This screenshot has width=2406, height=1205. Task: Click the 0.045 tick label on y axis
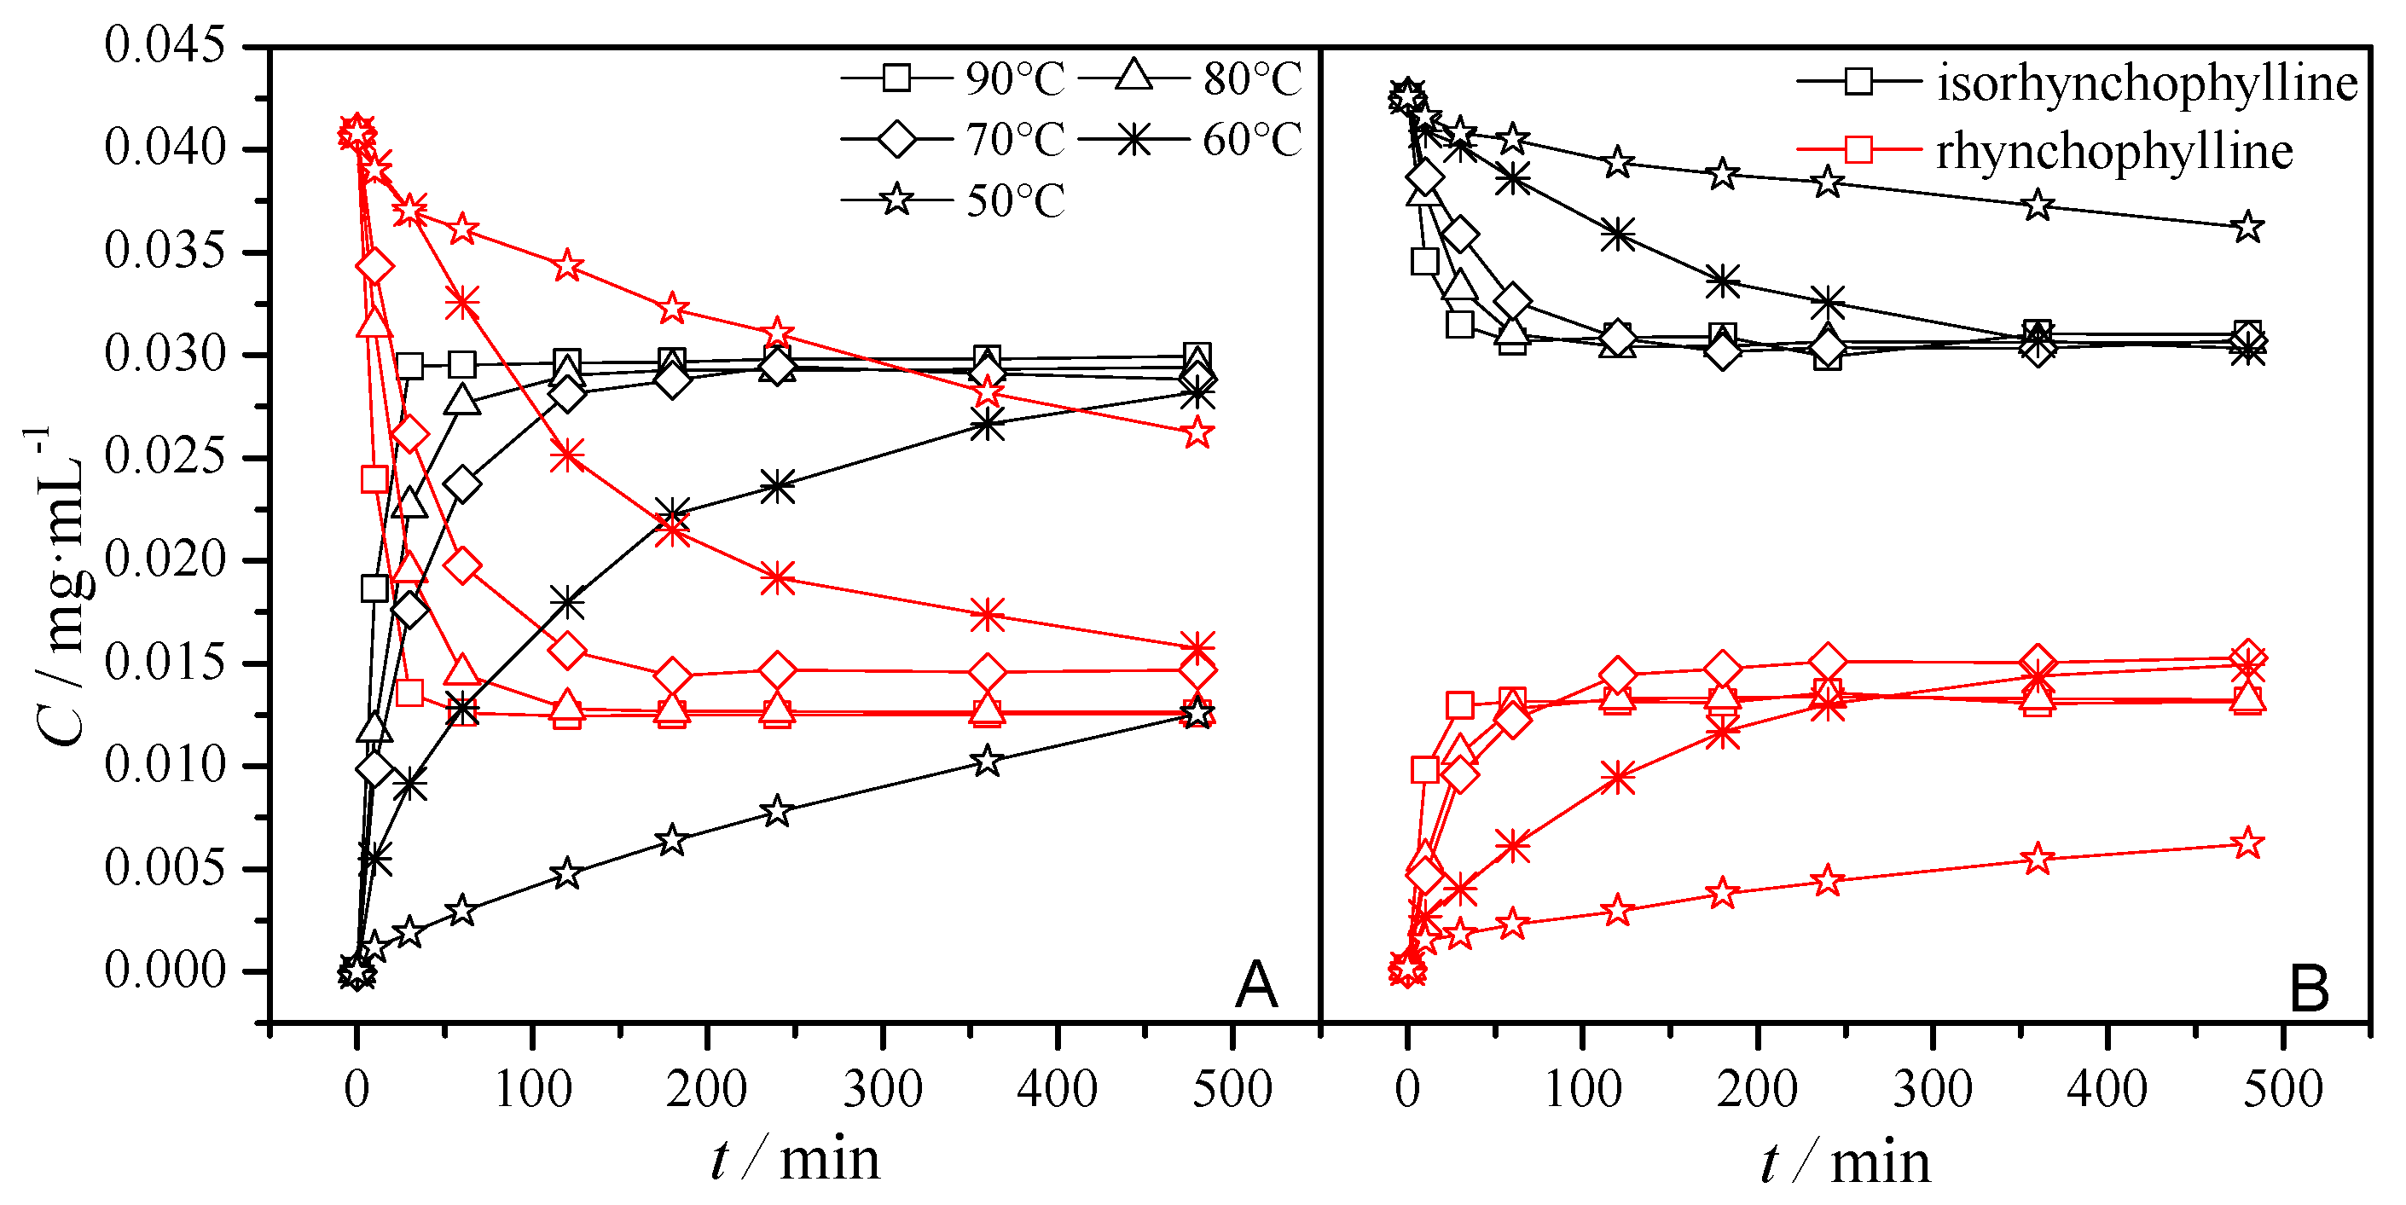[165, 46]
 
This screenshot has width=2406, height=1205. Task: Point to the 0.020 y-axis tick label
[165, 560]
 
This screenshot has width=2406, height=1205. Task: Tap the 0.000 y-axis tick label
[165, 971]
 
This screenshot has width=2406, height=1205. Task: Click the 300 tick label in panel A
[882, 1089]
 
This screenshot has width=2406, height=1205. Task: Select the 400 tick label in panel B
[2107, 1089]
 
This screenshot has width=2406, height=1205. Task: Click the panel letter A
[1255, 986]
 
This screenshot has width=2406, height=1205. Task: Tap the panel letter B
[2309, 989]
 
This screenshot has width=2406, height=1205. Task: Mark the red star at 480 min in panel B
[2248, 844]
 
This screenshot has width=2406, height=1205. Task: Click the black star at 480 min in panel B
[2248, 227]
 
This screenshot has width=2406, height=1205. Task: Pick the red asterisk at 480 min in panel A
[1197, 647]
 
